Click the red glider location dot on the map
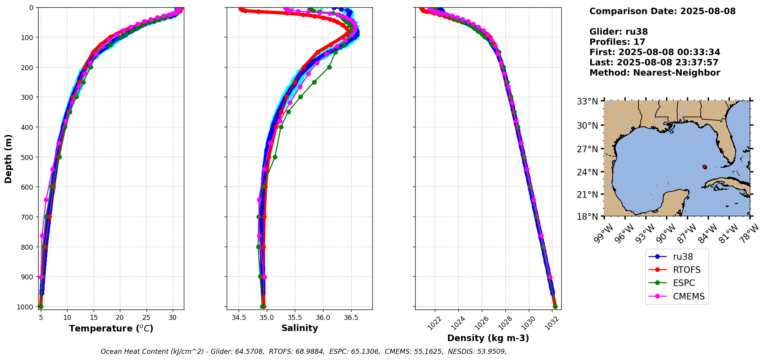coord(705,167)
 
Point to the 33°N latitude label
coord(587,102)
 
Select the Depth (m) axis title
coord(8,159)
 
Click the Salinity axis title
coord(300,328)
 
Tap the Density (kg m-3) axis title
coord(488,338)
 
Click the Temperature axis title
coord(111,328)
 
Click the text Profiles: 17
coord(617,42)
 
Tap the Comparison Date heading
coord(662,11)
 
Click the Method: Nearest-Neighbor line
coord(655,73)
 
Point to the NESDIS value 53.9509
coord(490,352)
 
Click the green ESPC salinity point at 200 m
coord(329,67)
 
